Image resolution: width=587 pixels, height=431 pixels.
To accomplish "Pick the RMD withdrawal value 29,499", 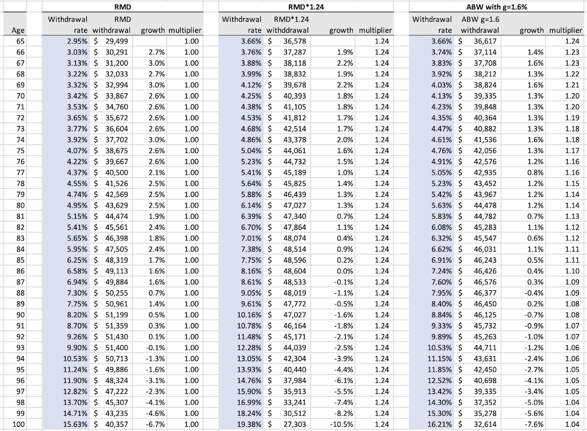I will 114,42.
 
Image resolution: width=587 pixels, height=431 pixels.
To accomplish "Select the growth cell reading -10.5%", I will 342,424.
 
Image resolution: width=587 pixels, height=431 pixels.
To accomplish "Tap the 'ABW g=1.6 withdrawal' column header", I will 480,25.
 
